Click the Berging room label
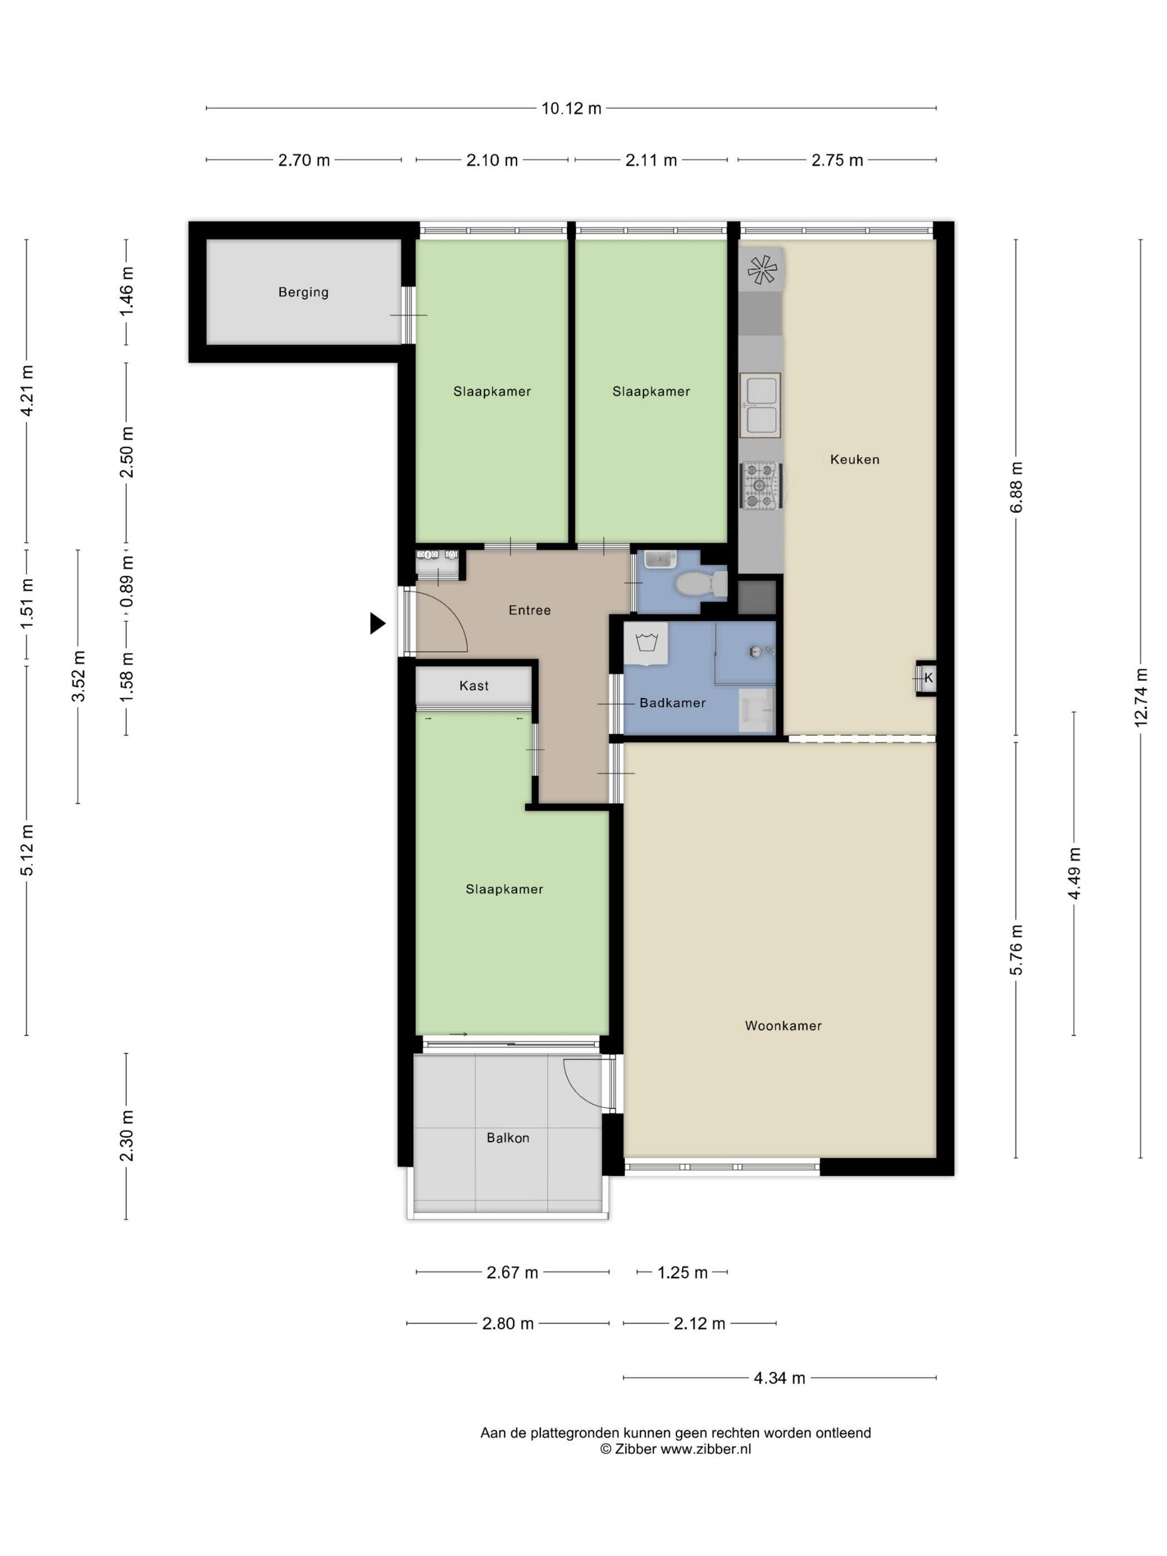tap(303, 292)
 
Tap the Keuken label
tap(855, 460)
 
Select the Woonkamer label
tap(783, 1026)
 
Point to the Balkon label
tap(508, 1138)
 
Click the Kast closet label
tap(473, 686)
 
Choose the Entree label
tap(530, 610)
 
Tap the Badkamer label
tap(672, 703)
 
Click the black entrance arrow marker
tap(378, 624)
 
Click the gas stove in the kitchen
tap(760, 485)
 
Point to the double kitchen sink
tap(760, 405)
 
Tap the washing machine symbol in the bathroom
tap(646, 642)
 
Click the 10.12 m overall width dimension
tap(571, 108)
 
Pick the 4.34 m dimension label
tap(780, 1378)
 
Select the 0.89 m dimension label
tap(127, 581)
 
